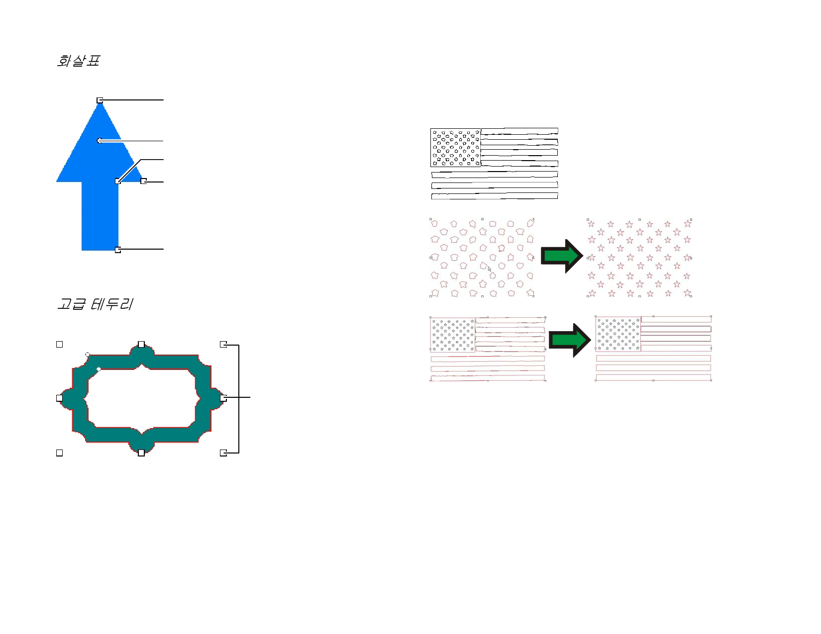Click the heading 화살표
click(x=78, y=61)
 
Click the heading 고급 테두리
click(x=95, y=304)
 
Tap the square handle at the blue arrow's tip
click(x=100, y=100)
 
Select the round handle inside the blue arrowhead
click(x=100, y=141)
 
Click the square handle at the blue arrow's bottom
click(x=118, y=250)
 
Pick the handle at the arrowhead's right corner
click(x=144, y=181)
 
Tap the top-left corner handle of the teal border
click(x=59, y=345)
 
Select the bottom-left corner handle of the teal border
click(x=59, y=453)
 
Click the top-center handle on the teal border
click(x=141, y=345)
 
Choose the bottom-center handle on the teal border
click(x=141, y=453)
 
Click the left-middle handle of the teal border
click(x=59, y=398)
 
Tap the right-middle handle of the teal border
click(x=223, y=398)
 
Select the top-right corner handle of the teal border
click(x=223, y=345)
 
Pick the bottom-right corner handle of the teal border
click(x=223, y=453)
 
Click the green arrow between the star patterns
click(x=562, y=256)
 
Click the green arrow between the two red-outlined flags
click(x=570, y=340)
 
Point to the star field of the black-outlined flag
click(x=456, y=148)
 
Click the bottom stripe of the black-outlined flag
click(x=495, y=196)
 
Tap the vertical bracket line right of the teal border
click(x=239, y=399)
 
